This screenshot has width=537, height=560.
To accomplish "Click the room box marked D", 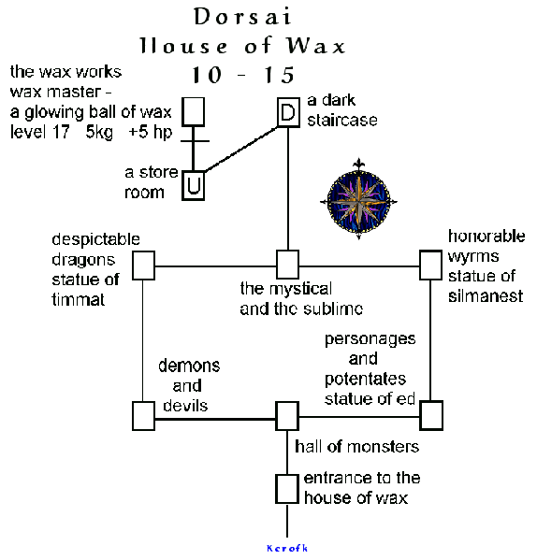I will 287,114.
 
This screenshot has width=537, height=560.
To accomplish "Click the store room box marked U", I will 194,185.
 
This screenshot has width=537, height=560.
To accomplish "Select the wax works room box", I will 193,110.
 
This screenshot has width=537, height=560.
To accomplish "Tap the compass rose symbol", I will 356,197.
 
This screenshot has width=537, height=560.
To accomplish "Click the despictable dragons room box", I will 143,266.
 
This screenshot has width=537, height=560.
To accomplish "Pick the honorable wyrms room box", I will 430,266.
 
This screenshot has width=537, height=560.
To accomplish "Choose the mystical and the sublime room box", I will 287,265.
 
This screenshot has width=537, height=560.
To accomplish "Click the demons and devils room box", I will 143,415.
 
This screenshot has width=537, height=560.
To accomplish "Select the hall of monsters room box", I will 287,415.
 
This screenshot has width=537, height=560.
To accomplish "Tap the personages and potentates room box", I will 430,413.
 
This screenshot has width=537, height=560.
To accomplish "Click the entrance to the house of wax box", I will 287,488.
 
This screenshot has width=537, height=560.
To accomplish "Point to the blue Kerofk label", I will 286,548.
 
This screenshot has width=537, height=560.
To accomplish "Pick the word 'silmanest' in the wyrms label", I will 485,296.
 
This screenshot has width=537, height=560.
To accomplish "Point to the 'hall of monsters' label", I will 356,447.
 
